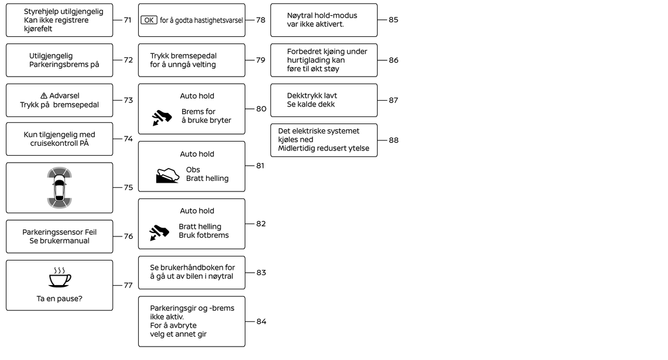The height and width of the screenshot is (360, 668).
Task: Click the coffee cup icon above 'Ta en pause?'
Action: (60, 277)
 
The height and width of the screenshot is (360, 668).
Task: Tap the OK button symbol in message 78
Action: (149, 20)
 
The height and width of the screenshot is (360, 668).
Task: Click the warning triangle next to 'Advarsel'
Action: (44, 96)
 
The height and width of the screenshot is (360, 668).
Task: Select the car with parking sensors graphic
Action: (59, 187)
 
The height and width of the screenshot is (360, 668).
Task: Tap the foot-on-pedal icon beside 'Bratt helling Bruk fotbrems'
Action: (159, 232)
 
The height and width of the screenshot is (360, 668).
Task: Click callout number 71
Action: (128, 20)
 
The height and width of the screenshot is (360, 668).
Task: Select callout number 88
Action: (393, 140)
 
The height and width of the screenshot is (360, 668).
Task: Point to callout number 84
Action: (261, 321)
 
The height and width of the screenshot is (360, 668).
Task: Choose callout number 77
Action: (128, 286)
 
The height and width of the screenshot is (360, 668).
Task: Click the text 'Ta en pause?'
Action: (60, 299)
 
